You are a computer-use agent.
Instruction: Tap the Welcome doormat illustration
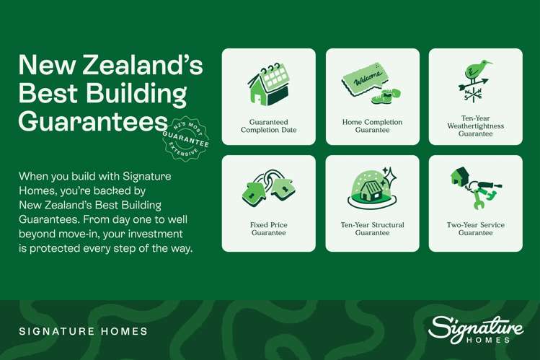pyautogui.click(x=365, y=80)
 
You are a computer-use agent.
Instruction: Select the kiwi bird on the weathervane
pyautogui.click(x=476, y=71)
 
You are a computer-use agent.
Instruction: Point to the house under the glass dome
pyautogui.click(x=372, y=191)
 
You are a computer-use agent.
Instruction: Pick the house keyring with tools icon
pyautogui.click(x=476, y=187)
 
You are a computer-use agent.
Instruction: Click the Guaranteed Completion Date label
pyautogui.click(x=268, y=126)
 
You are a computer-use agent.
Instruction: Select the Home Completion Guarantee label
pyautogui.click(x=372, y=126)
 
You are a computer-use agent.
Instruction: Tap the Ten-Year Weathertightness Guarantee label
pyautogui.click(x=476, y=126)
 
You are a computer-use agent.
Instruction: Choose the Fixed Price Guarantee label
pyautogui.click(x=268, y=229)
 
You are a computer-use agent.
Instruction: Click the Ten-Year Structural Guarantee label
pyautogui.click(x=372, y=229)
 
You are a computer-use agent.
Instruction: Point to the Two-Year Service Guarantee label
pyautogui.click(x=476, y=229)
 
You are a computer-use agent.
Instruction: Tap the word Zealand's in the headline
pyautogui.click(x=140, y=66)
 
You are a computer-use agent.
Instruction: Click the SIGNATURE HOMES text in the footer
pyautogui.click(x=84, y=331)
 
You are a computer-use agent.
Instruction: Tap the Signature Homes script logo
pyautogui.click(x=475, y=329)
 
